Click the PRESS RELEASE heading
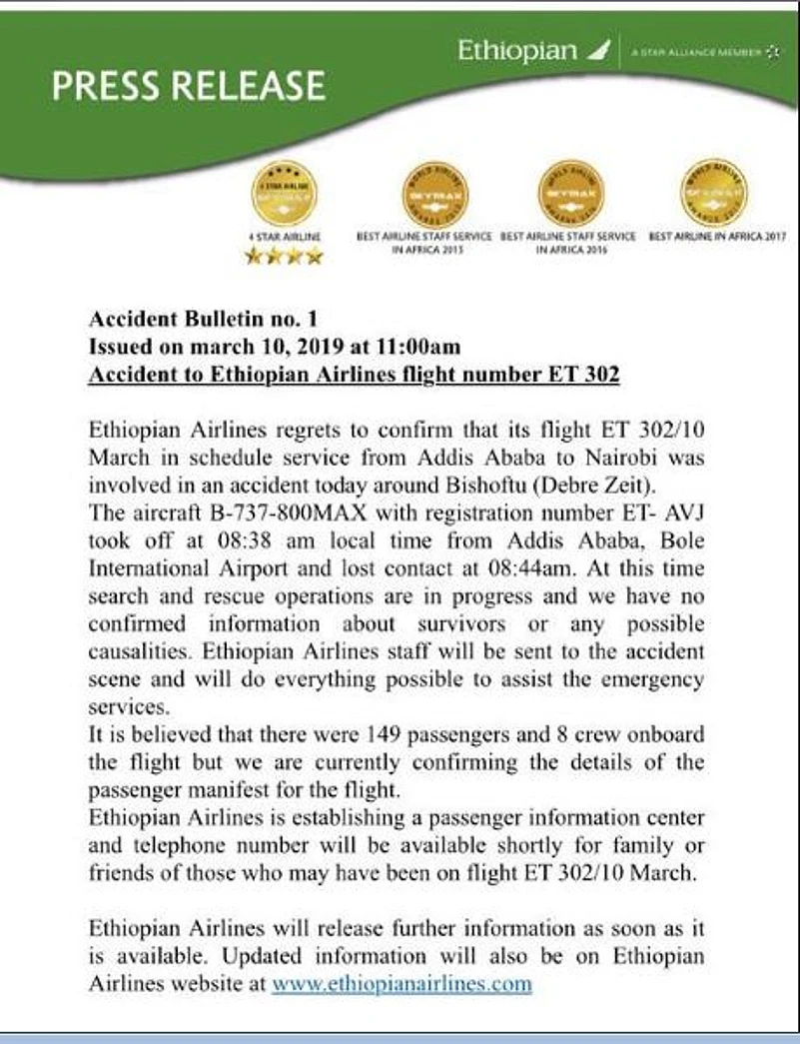188,86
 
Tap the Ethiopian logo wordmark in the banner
517,51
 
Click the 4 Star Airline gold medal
284,193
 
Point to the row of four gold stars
284,257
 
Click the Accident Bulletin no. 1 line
203,320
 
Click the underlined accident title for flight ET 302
354,375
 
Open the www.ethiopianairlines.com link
401,982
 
